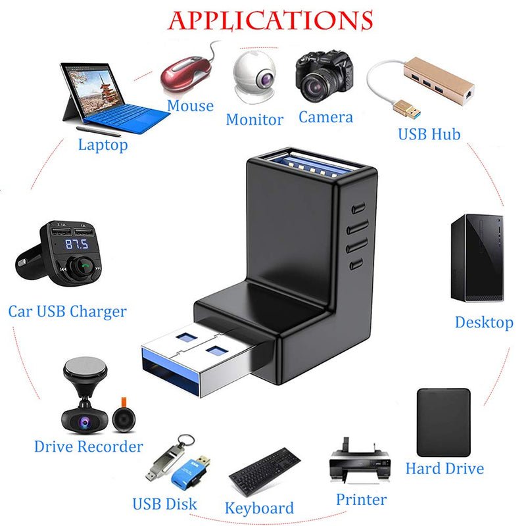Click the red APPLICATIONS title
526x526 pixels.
point(270,21)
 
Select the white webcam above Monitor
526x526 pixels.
point(254,77)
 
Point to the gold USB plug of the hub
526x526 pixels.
point(407,108)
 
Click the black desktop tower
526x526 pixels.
point(477,258)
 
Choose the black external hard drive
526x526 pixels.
point(443,422)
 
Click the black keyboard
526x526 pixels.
point(265,472)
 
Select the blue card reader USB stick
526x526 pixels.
point(190,471)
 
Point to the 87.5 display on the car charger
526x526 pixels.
point(77,244)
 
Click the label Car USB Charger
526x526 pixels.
point(68,311)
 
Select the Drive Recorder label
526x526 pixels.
point(89,446)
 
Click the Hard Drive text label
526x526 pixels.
point(444,468)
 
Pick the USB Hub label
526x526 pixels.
point(429,134)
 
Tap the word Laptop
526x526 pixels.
point(103,145)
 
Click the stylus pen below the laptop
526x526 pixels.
point(98,131)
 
